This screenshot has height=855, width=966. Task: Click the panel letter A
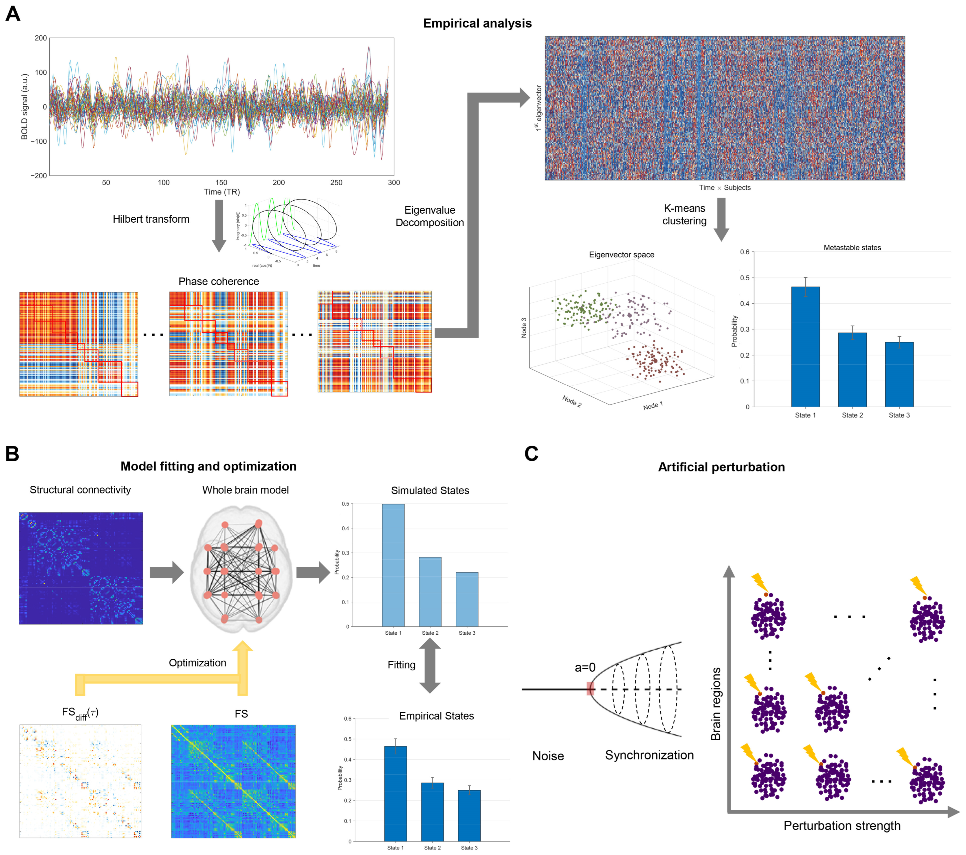point(13,14)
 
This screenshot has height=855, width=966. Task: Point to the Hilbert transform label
point(151,219)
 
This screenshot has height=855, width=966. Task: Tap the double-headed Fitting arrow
point(430,665)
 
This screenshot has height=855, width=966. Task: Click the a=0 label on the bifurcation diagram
point(584,667)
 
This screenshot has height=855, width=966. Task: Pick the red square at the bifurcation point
point(590,689)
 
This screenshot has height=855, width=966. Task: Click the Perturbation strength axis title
point(842,826)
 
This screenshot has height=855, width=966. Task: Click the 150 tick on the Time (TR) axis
point(221,183)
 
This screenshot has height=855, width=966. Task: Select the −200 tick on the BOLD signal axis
point(39,175)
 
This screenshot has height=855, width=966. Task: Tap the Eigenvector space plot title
point(621,254)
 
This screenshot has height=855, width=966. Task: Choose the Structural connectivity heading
point(80,490)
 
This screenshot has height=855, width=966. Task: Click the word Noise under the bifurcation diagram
point(548,756)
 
